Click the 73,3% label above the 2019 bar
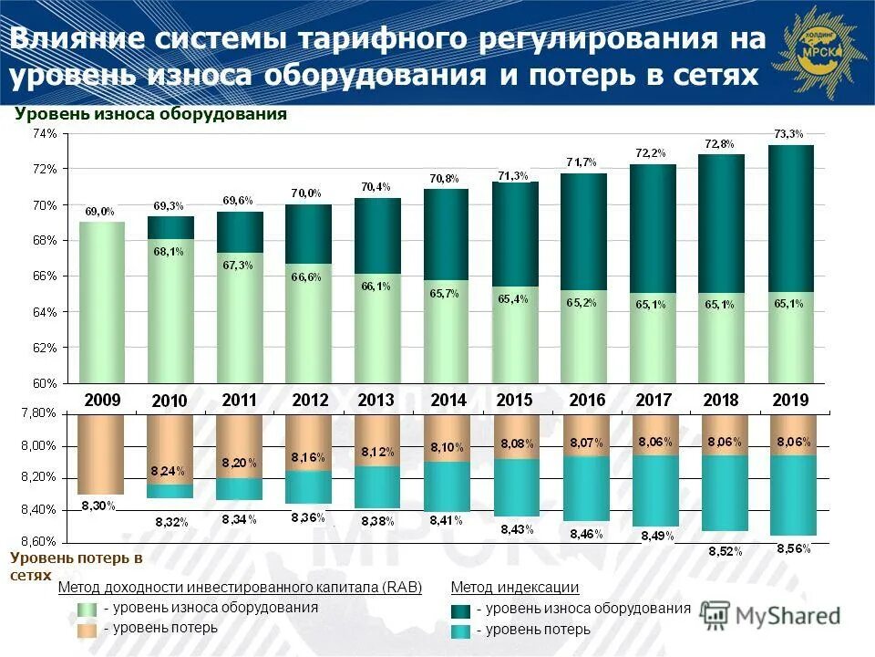point(789,134)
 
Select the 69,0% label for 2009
point(100,212)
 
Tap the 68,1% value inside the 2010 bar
point(170,253)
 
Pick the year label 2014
point(448,400)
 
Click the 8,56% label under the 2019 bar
point(793,548)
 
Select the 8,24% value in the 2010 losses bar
point(170,472)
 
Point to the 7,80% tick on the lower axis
point(39,413)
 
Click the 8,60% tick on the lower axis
point(39,541)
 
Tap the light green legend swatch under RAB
point(87,610)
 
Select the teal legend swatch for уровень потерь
point(461,630)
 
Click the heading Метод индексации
point(515,588)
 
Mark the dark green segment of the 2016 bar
point(583,231)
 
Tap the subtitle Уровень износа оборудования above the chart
point(150,114)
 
